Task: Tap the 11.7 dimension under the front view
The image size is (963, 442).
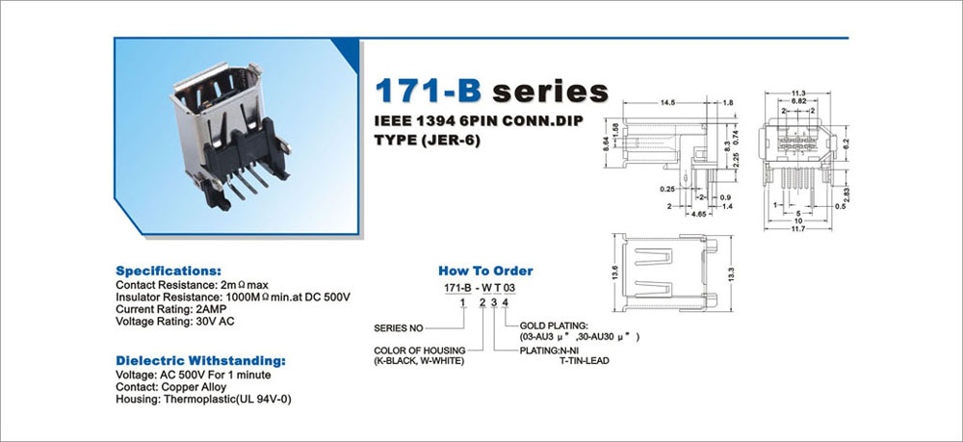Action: (798, 228)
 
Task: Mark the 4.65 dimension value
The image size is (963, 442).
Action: (698, 215)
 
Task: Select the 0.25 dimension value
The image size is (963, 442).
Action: (667, 189)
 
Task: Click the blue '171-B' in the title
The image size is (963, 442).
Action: (429, 91)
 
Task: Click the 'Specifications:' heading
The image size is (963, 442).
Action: (169, 271)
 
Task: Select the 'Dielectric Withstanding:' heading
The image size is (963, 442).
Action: (201, 360)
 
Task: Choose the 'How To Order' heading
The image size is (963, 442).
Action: (485, 271)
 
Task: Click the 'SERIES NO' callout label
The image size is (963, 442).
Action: (399, 328)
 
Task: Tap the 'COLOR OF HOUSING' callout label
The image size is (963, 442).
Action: (420, 351)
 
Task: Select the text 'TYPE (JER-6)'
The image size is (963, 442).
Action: (428, 140)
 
